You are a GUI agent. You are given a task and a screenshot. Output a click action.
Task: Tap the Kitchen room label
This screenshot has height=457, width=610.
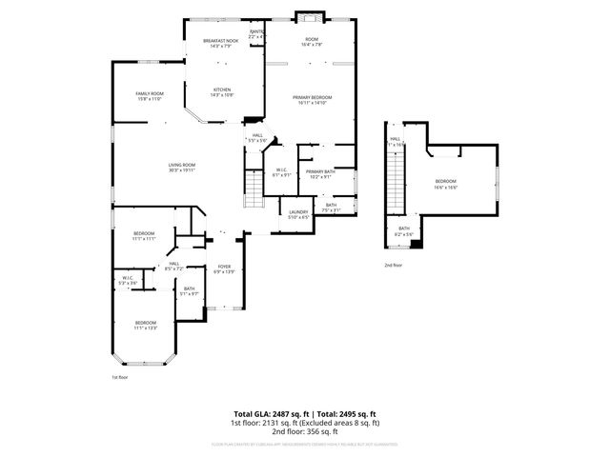pos(221,93)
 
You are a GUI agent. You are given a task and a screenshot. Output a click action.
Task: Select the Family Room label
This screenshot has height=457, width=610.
pos(151,96)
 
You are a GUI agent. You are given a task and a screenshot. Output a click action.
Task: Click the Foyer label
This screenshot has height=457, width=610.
pos(224,269)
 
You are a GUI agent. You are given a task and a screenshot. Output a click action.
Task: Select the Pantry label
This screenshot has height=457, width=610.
pos(255,34)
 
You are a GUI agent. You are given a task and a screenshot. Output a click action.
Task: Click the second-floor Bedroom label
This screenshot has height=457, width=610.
pos(446,184)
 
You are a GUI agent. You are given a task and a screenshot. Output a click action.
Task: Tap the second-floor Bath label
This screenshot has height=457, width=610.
pos(404,230)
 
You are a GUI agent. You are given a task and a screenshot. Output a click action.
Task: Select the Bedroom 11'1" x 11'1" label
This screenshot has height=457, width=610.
pos(144,236)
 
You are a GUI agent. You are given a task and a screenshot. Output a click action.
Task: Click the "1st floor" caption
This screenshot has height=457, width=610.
pos(120,377)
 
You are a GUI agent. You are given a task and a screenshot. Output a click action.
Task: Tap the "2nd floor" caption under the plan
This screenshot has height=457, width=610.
pos(393,266)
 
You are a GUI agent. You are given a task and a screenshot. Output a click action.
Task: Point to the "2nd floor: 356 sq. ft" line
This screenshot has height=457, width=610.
pos(306,431)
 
